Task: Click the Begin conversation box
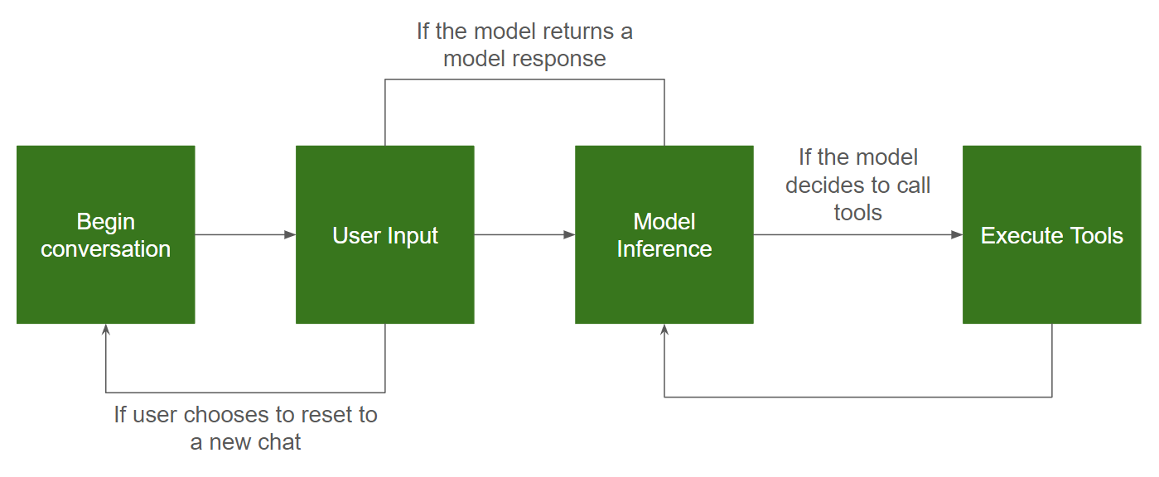[x=105, y=235]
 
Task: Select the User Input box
[x=385, y=235]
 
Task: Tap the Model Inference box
[x=664, y=235]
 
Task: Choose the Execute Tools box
[x=1052, y=235]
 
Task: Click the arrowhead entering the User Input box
[x=290, y=235]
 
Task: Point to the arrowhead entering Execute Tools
[x=957, y=235]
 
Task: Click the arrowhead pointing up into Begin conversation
[x=105, y=330]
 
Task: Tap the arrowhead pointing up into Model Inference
[x=664, y=330]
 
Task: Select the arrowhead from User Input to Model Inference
[x=570, y=235]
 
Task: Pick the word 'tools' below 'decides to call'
[x=858, y=213]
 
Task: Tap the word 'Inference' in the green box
[x=664, y=249]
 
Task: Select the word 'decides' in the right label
[x=819, y=185]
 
